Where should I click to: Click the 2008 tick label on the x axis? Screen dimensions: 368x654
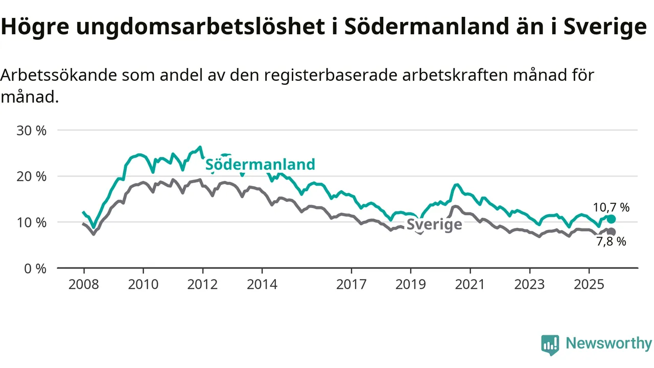coord(84,284)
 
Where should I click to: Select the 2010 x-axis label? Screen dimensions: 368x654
coord(143,284)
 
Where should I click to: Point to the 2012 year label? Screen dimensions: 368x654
coord(203,284)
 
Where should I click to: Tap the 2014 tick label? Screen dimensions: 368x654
coord(262,284)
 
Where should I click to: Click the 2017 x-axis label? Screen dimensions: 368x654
coord(352,284)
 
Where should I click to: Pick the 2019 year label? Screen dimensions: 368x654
coord(411,284)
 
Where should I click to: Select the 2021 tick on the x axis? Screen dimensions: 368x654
coord(470,284)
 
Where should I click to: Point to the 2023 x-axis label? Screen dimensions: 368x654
coord(530,284)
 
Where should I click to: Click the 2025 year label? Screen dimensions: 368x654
coord(589,284)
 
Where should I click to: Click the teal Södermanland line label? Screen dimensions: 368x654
coord(260,165)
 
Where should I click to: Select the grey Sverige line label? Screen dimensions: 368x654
coord(434,225)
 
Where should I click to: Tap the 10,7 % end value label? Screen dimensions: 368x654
coord(611,208)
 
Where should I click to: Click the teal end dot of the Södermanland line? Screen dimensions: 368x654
coord(611,219)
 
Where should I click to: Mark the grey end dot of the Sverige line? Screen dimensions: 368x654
coord(611,232)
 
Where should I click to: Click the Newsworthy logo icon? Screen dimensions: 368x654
coord(550,345)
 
